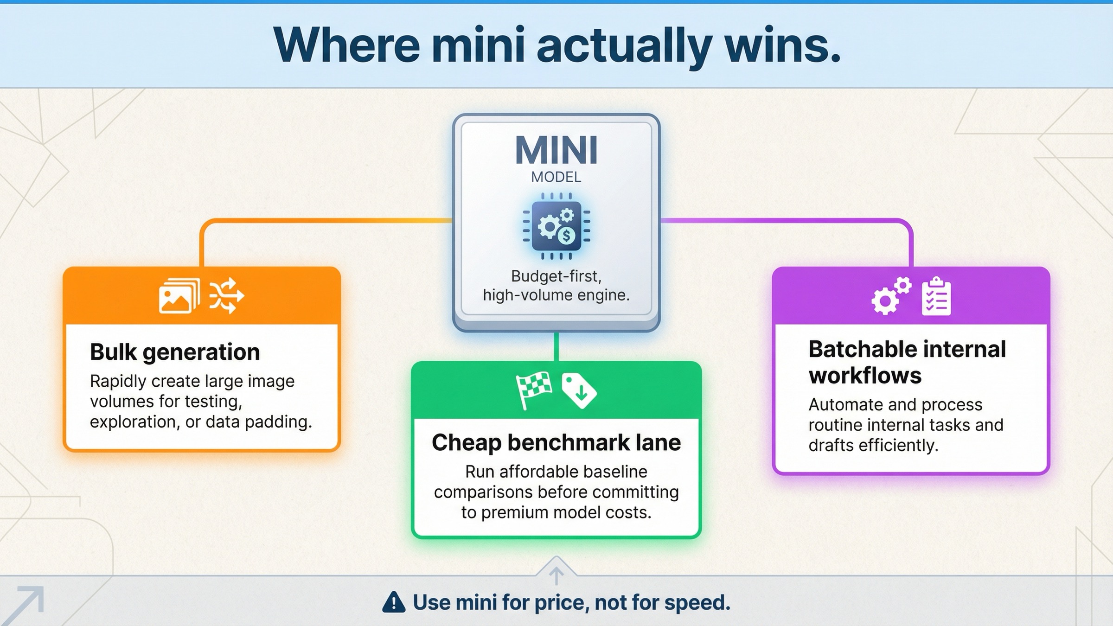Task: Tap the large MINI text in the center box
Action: pos(556,150)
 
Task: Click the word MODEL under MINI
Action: pos(556,177)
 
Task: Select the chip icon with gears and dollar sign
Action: pos(556,226)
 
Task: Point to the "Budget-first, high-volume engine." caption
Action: pos(556,286)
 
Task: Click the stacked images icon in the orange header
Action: pos(179,296)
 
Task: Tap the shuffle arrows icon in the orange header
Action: pos(226,296)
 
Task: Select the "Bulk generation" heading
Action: pos(175,352)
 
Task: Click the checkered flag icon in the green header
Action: pos(534,390)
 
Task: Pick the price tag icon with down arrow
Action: pos(579,391)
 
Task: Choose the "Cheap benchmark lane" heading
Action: pos(556,442)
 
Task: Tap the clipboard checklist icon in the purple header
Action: pos(936,297)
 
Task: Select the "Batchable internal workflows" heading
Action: pos(907,362)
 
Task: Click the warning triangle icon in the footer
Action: pos(394,602)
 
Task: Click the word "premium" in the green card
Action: pos(514,512)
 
